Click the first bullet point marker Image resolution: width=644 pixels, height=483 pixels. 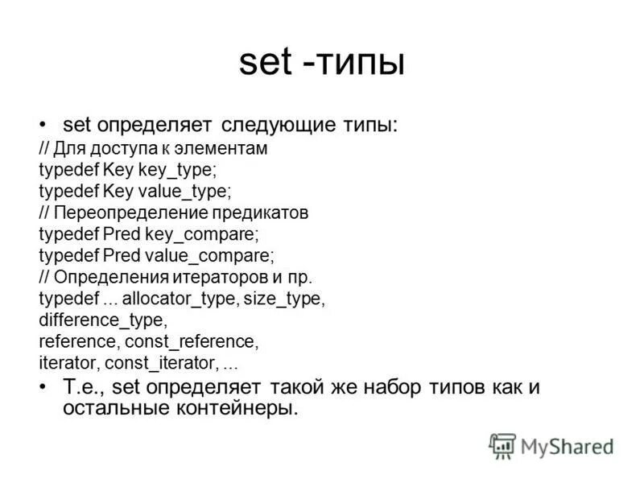coord(43,124)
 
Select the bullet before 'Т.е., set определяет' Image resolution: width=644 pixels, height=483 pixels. coord(43,386)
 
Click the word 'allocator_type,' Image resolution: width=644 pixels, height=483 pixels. coord(169,299)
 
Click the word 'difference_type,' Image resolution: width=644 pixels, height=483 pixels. coord(102,320)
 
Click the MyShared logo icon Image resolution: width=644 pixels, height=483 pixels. coord(502,445)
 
